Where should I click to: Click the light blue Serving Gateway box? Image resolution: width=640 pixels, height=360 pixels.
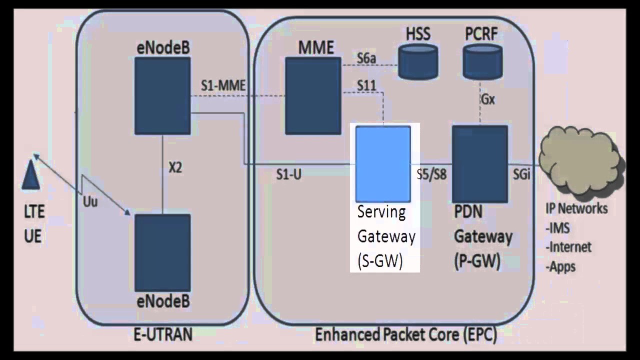(x=383, y=163)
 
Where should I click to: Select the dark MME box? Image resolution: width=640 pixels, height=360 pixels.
(x=313, y=95)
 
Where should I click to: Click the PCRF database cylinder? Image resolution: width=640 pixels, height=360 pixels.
(x=482, y=61)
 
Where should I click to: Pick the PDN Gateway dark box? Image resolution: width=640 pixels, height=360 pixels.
(x=479, y=163)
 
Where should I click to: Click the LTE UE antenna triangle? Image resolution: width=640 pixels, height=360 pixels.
(x=30, y=172)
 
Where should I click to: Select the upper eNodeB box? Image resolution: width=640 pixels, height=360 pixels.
(x=163, y=95)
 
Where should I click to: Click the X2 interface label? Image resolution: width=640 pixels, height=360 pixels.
(x=175, y=168)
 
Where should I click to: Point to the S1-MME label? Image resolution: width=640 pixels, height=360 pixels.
(x=223, y=86)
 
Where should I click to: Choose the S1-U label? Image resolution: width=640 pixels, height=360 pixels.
(x=288, y=174)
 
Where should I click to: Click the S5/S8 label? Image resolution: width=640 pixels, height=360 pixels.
(x=431, y=175)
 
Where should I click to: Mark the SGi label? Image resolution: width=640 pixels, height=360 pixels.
(x=522, y=174)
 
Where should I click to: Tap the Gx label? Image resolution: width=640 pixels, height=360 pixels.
(x=488, y=99)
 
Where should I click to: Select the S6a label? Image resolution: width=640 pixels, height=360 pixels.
(x=366, y=58)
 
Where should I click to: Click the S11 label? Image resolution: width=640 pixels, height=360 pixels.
(x=366, y=85)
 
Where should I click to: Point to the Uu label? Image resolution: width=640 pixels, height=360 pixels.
(x=90, y=202)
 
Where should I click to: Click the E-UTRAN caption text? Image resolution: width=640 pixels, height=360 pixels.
(x=163, y=334)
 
